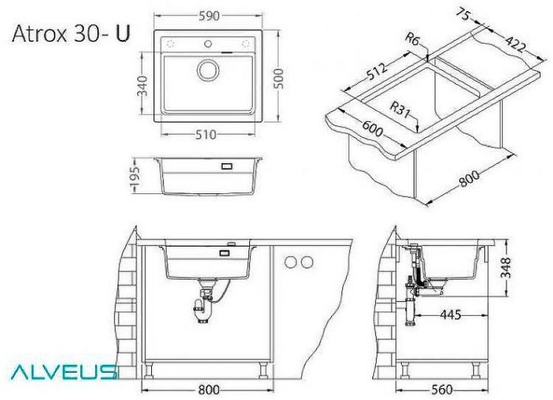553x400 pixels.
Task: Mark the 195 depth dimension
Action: tap(133, 176)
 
